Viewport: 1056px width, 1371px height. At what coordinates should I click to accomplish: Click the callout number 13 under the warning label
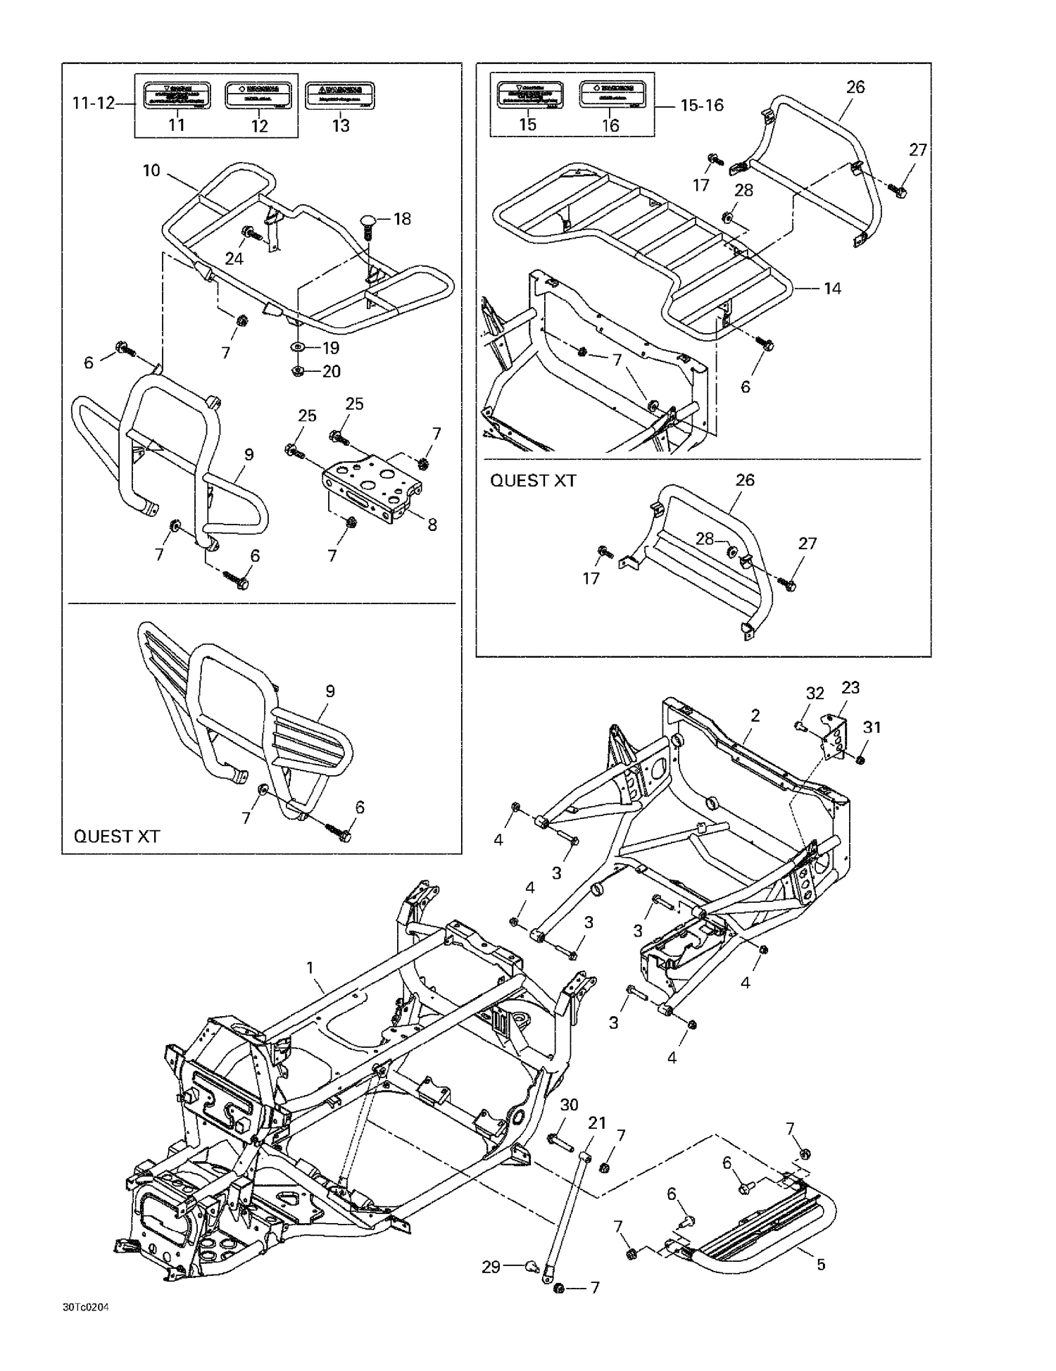click(x=341, y=126)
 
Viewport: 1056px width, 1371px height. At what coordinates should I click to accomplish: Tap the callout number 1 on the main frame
click(x=310, y=968)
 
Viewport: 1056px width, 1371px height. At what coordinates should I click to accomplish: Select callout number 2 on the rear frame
click(x=755, y=715)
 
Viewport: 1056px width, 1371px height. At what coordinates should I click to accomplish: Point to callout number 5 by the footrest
click(x=821, y=1265)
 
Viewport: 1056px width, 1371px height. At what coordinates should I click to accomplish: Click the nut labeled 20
click(x=297, y=371)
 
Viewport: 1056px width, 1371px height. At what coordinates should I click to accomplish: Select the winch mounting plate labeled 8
click(x=373, y=486)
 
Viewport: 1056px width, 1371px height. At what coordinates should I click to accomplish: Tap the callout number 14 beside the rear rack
click(x=832, y=289)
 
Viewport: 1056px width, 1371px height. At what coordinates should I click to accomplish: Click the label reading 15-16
click(x=701, y=106)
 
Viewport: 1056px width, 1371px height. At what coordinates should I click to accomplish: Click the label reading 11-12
click(x=93, y=104)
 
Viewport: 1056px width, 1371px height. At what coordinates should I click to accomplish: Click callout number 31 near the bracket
click(x=872, y=727)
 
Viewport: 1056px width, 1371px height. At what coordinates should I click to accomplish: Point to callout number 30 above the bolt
click(x=569, y=1106)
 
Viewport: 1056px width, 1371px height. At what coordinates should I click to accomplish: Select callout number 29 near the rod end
click(x=491, y=1267)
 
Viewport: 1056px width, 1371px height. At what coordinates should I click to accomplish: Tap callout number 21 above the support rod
click(x=597, y=1123)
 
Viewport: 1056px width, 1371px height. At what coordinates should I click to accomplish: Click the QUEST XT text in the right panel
click(x=533, y=481)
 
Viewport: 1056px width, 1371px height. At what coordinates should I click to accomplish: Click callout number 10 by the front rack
click(x=151, y=170)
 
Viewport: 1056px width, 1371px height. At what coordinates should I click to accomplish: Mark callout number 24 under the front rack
click(x=234, y=258)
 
